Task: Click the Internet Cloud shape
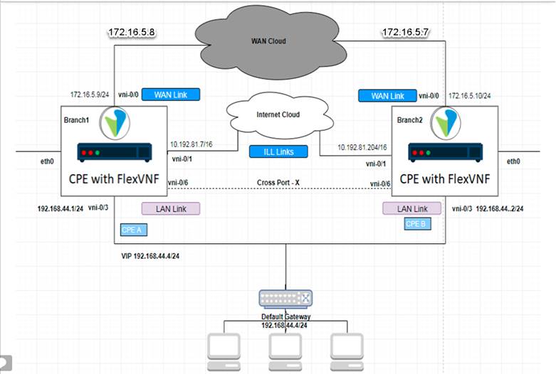click(277, 115)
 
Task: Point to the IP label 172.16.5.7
click(405, 32)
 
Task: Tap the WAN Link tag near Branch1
click(171, 95)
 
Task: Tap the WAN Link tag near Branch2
click(387, 95)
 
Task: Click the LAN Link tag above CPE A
click(171, 208)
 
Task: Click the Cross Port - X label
click(278, 183)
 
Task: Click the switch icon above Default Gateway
click(285, 299)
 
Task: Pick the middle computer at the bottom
click(285, 349)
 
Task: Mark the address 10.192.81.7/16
click(192, 144)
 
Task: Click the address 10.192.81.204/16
click(353, 147)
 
